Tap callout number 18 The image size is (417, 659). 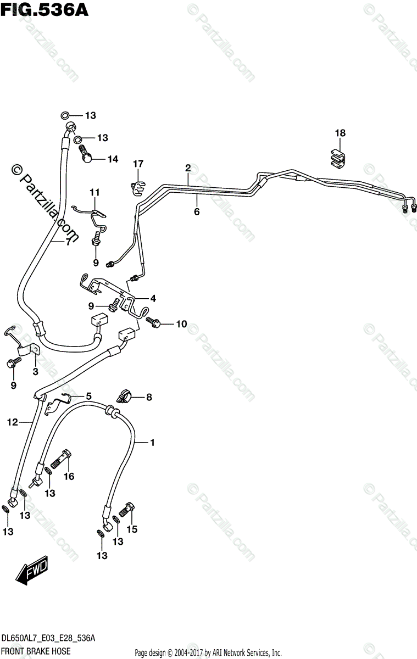pos(341,133)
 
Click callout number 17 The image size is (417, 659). pos(137,164)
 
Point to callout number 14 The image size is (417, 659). pos(112,159)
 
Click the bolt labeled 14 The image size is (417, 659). pos(87,156)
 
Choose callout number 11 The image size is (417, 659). pos(95,192)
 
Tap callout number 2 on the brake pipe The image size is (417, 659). pos(187,167)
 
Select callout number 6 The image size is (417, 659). pos(196,212)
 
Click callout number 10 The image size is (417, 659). pos(181,324)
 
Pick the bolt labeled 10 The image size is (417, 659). pos(153,324)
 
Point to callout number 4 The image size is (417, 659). pos(153,299)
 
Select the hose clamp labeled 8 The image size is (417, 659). pos(124,395)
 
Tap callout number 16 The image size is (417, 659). pos(69,477)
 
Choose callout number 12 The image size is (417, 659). pos(12,422)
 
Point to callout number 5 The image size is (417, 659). pos(88,396)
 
